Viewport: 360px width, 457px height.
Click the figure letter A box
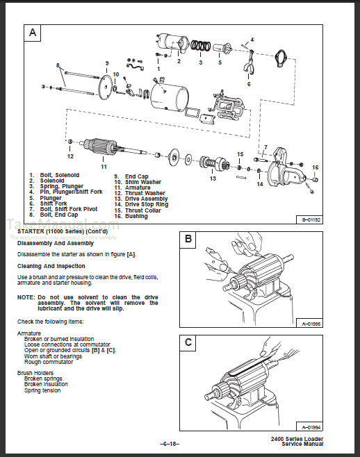tap(32, 32)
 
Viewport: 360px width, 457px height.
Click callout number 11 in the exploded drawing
tap(103, 167)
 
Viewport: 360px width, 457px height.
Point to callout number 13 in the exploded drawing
tap(213, 178)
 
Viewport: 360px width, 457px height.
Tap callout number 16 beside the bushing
tap(314, 167)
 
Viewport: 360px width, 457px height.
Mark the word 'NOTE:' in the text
tap(26, 297)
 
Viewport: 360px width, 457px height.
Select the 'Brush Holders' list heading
tap(35, 373)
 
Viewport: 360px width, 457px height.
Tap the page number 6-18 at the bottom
tap(170, 444)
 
